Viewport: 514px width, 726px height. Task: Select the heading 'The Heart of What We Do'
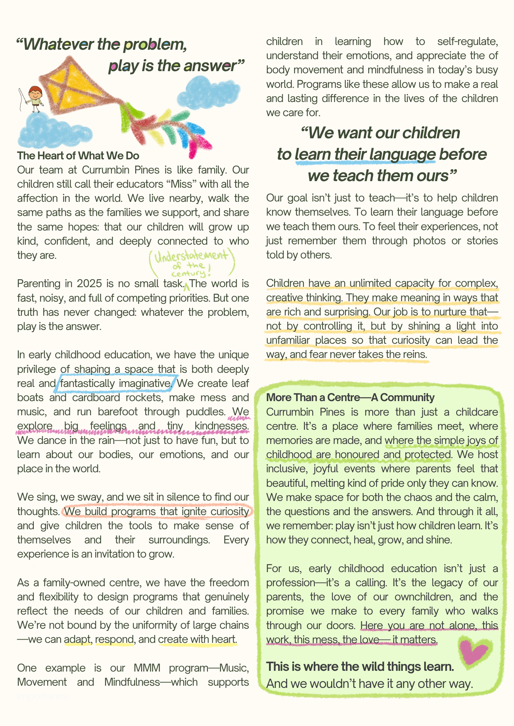click(x=78, y=156)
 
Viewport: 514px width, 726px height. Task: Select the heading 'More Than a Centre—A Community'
click(x=350, y=397)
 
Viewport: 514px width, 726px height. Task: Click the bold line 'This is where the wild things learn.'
click(x=360, y=667)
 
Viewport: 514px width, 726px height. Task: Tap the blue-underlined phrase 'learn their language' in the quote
click(x=365, y=155)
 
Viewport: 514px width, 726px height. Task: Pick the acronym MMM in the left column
click(x=146, y=668)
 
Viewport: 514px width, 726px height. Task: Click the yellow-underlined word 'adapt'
click(x=77, y=639)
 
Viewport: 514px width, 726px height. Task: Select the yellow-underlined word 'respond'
click(x=114, y=639)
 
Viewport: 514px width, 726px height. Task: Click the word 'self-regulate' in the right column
click(x=467, y=41)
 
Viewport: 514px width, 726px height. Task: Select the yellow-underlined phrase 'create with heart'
click(x=197, y=639)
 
